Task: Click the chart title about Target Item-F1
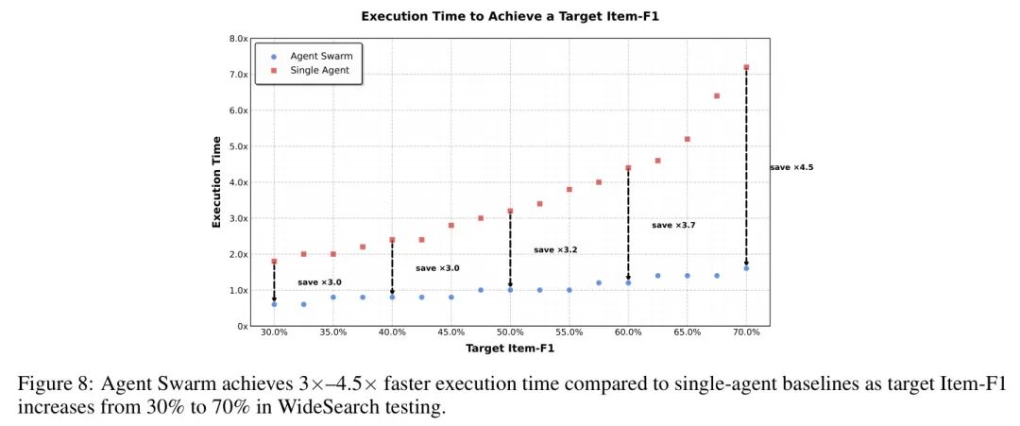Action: [509, 17]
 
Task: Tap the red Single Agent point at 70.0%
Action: [746, 67]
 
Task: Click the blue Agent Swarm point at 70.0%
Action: [746, 268]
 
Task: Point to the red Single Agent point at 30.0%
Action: [274, 262]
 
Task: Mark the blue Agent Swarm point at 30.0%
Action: [274, 304]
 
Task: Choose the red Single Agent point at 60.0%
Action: [628, 168]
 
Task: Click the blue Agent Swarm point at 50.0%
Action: [510, 290]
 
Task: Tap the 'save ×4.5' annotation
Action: [790, 167]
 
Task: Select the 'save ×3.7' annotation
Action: [673, 226]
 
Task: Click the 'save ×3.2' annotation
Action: [555, 250]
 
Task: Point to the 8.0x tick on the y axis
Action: [236, 39]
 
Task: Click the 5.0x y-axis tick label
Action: [236, 146]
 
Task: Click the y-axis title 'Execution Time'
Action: [216, 182]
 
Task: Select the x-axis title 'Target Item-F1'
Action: [509, 349]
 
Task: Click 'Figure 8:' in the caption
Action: [48, 385]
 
